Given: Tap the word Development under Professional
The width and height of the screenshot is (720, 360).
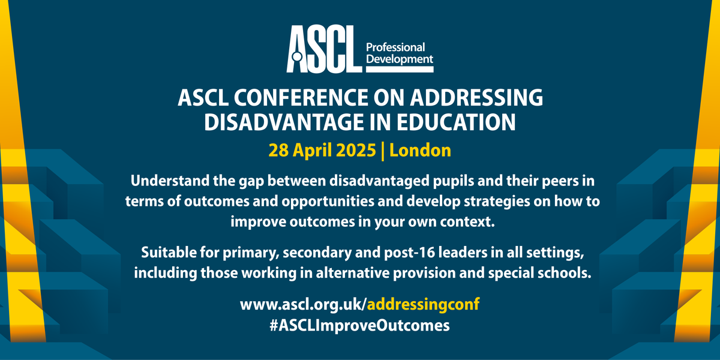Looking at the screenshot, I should (x=399, y=59).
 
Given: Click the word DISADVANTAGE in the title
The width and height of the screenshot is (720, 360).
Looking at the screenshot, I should (x=281, y=122).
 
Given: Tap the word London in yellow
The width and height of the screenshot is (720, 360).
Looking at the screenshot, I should (x=420, y=150).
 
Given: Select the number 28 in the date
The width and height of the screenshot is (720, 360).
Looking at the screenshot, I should (x=278, y=150).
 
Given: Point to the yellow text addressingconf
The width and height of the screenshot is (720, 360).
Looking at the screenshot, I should (x=423, y=305).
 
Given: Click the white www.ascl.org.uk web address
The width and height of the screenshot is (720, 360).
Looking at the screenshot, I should (x=302, y=305).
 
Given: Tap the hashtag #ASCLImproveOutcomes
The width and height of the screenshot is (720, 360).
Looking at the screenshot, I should (x=359, y=325).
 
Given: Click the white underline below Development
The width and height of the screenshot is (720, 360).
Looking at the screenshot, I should (x=399, y=70).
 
